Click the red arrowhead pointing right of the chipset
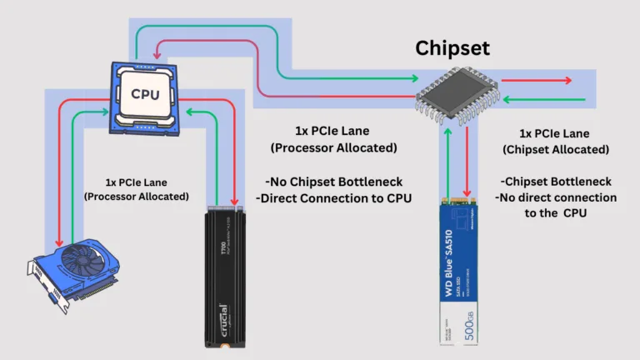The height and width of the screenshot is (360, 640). coord(568,81)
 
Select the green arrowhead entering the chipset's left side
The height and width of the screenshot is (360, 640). coord(412,79)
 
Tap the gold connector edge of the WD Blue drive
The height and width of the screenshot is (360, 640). coord(462,202)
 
